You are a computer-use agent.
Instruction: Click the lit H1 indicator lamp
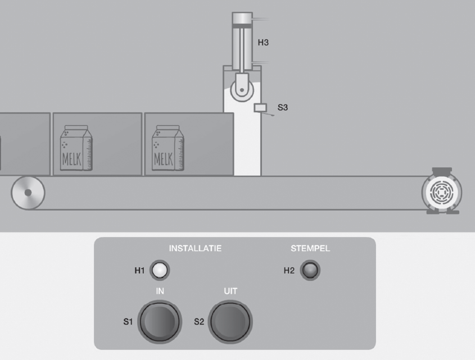pos(160,270)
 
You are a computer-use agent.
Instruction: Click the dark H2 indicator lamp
pos(310,270)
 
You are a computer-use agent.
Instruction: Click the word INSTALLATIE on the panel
pos(195,248)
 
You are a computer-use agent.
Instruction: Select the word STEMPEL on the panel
pos(310,248)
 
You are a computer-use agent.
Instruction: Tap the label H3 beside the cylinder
pos(263,42)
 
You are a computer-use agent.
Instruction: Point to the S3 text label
pos(283,107)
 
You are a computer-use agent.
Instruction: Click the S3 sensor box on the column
pos(260,108)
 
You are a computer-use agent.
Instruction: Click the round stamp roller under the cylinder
pos(242,90)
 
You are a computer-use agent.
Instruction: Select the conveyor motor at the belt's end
pos(442,191)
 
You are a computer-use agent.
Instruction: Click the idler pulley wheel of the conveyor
pos(28,193)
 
